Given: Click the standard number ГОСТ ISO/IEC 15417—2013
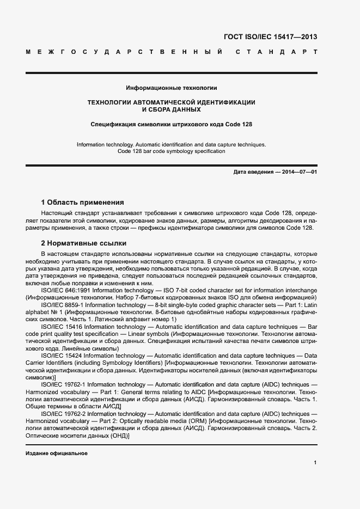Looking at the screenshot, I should [x=270, y=37].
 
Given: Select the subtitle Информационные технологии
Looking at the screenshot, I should [x=172, y=88].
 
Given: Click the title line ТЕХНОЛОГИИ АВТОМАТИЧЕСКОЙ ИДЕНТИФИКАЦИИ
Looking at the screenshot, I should [x=172, y=102].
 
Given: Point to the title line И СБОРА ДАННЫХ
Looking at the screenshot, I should [x=172, y=109].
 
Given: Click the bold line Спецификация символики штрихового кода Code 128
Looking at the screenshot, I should [x=172, y=124].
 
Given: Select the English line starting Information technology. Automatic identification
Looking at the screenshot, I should [x=172, y=144].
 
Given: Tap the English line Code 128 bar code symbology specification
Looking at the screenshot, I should [x=172, y=151].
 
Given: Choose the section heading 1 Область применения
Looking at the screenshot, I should [x=83, y=202].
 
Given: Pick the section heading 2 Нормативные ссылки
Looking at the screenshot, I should [x=84, y=243].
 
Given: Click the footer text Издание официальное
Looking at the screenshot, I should [x=57, y=453].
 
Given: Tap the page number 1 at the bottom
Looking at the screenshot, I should [x=315, y=463].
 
